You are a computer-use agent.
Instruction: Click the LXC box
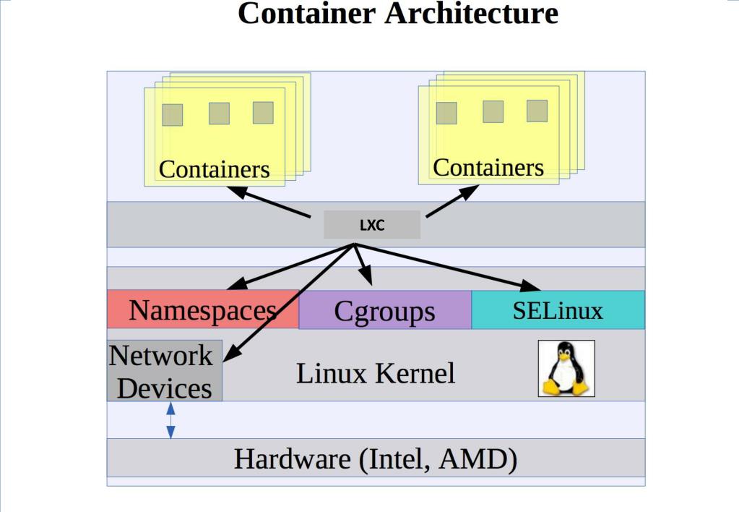371,225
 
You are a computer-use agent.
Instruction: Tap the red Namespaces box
203,310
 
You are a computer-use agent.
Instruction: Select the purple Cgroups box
384,311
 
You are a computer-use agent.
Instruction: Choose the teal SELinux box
558,310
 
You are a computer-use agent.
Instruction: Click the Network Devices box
164,371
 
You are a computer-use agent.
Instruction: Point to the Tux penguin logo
566,369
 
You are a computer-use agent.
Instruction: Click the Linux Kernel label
376,373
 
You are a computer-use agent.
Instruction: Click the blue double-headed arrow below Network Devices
170,420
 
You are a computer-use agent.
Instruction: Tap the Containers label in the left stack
214,169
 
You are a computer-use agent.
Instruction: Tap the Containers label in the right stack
488,167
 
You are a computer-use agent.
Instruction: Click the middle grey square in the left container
219,114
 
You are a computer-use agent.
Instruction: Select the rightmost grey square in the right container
537,111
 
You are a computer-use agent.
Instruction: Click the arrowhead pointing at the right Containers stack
471,190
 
